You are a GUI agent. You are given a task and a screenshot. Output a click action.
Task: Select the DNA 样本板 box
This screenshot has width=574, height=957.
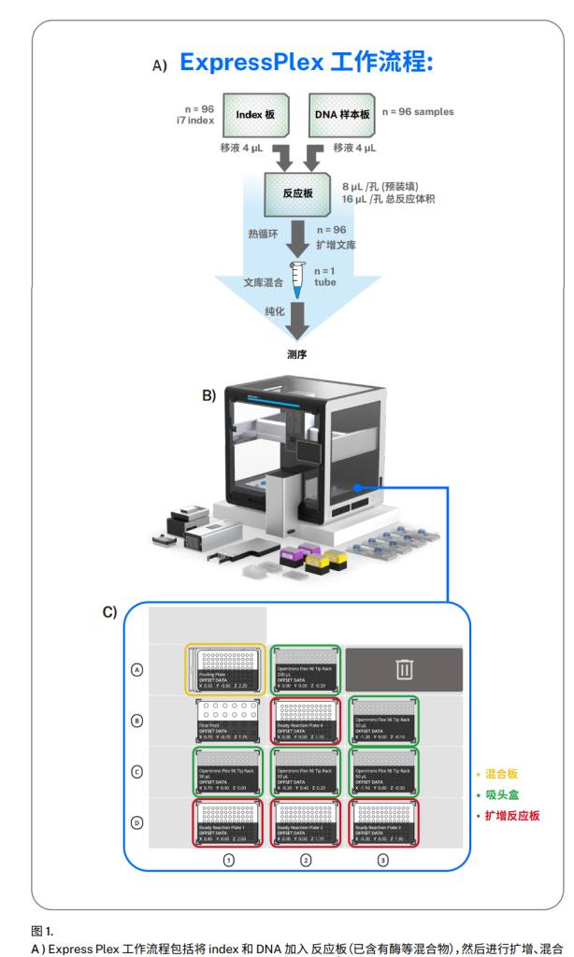pos(342,115)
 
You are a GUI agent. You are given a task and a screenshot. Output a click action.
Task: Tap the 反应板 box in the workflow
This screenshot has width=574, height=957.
pos(297,193)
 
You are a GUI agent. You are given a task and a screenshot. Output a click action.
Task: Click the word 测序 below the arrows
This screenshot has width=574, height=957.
pos(297,355)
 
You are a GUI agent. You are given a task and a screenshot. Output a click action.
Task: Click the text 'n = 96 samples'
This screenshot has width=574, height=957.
pos(418,112)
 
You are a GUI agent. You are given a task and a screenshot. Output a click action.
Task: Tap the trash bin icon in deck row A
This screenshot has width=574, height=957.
pos(404,669)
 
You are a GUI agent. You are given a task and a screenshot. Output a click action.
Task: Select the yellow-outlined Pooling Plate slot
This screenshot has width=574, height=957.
pos(224,669)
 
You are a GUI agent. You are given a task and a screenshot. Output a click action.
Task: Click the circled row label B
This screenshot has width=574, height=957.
pos(138,721)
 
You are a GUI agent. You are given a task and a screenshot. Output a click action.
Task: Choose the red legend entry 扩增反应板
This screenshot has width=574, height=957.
pos(509,816)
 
